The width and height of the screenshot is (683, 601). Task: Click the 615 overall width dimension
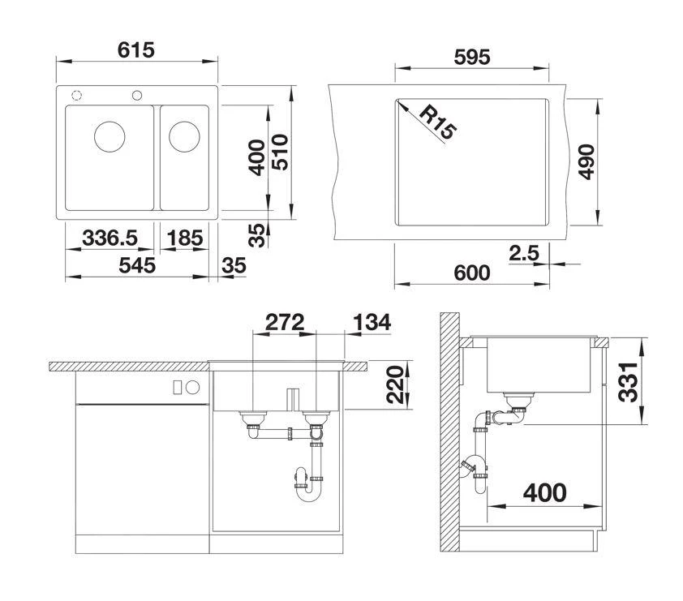coord(135,49)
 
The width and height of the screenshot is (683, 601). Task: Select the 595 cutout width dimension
coord(470,58)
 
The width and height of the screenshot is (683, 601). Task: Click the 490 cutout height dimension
coord(586,162)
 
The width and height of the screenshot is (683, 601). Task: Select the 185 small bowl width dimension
coord(184,238)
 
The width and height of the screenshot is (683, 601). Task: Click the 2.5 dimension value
coord(523,253)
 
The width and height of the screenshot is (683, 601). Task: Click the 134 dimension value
coord(372,322)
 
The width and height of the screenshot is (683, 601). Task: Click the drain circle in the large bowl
coord(110,135)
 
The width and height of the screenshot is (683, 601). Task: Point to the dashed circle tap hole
coord(77,95)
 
